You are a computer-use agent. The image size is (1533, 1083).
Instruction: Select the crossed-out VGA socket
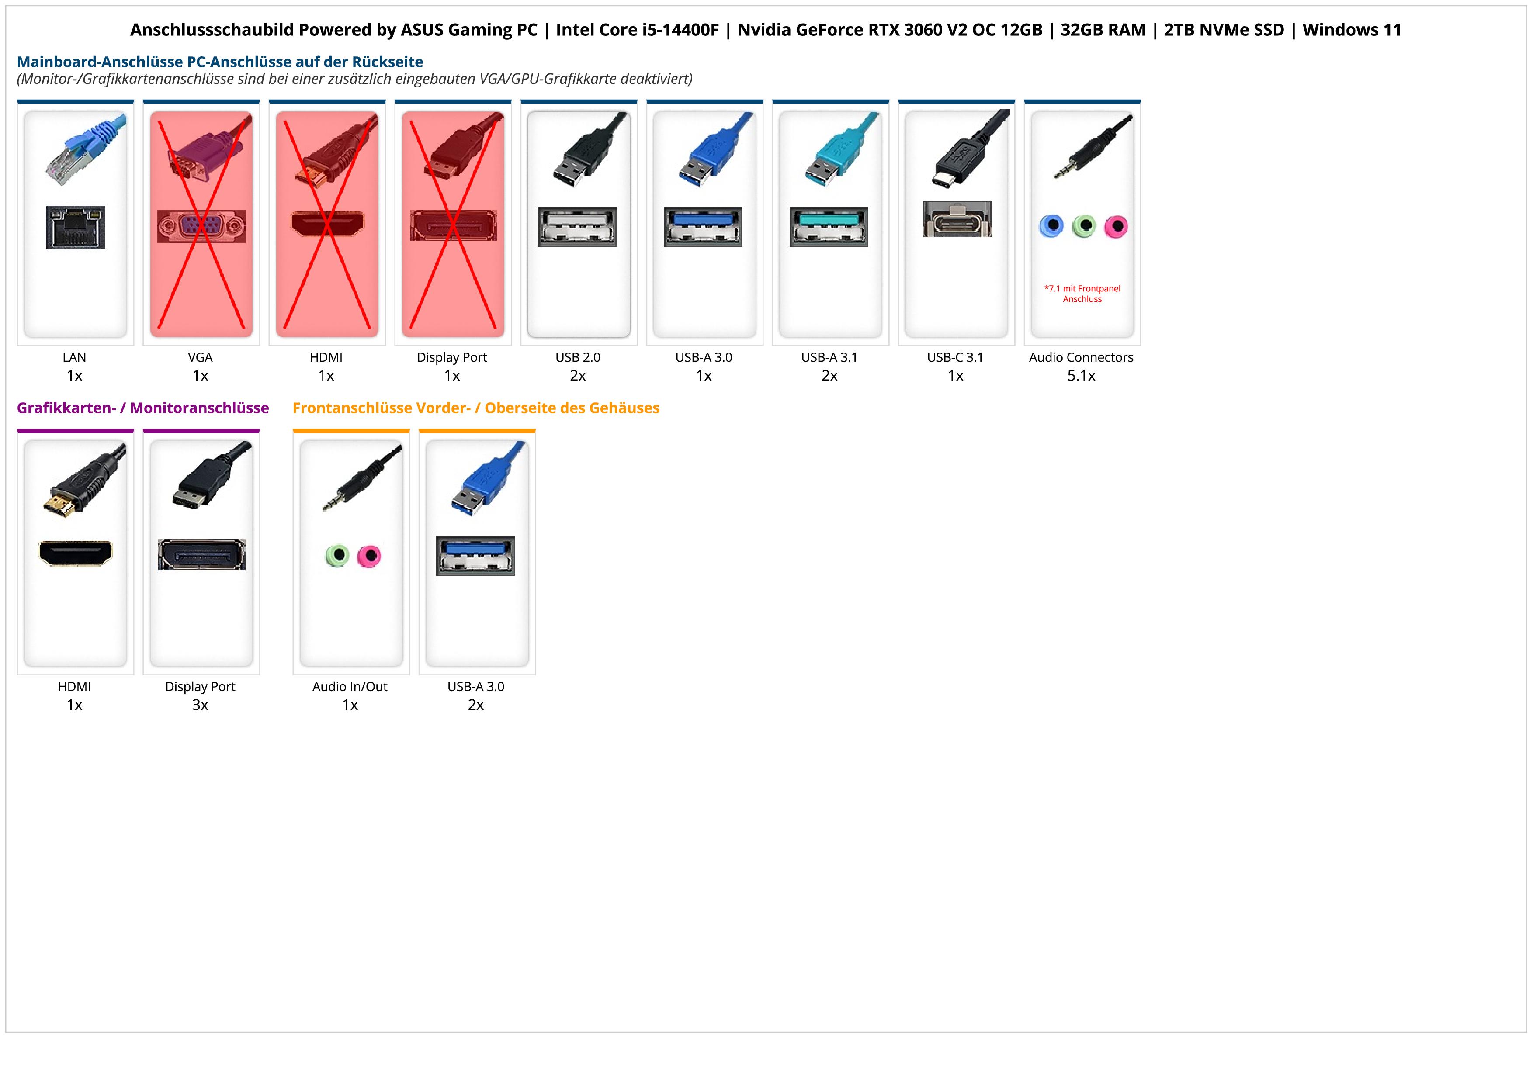point(201,226)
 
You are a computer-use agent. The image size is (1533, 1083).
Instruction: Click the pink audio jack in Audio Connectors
point(1116,227)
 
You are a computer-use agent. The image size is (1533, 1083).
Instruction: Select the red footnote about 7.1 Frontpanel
point(1082,294)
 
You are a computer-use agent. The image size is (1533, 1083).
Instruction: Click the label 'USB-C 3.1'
point(955,358)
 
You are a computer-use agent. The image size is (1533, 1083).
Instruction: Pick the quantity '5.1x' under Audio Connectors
point(1081,376)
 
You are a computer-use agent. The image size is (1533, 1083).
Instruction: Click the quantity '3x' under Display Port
point(200,705)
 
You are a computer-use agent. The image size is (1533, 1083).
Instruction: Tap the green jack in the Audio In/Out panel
point(337,556)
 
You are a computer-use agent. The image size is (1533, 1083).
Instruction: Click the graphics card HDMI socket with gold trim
point(76,553)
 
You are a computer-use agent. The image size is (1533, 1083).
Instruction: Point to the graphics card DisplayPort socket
point(201,554)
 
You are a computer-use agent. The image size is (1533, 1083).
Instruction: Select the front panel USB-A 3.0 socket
point(475,555)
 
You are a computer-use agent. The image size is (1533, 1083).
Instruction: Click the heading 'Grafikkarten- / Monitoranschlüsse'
point(143,408)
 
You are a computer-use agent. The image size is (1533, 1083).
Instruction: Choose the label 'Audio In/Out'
point(350,687)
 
